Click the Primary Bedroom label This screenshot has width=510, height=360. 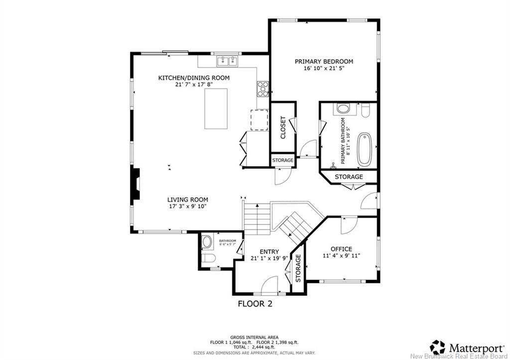(324, 61)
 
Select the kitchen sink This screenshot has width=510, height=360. (227, 61)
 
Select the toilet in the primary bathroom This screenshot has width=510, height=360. (365, 110)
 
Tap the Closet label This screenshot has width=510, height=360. (283, 127)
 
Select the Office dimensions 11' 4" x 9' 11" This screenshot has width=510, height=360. (341, 256)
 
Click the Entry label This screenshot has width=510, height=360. (269, 251)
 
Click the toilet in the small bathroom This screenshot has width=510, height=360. (208, 257)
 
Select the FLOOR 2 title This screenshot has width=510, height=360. (255, 303)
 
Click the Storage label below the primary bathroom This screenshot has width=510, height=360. (349, 177)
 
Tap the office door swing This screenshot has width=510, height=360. (347, 225)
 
